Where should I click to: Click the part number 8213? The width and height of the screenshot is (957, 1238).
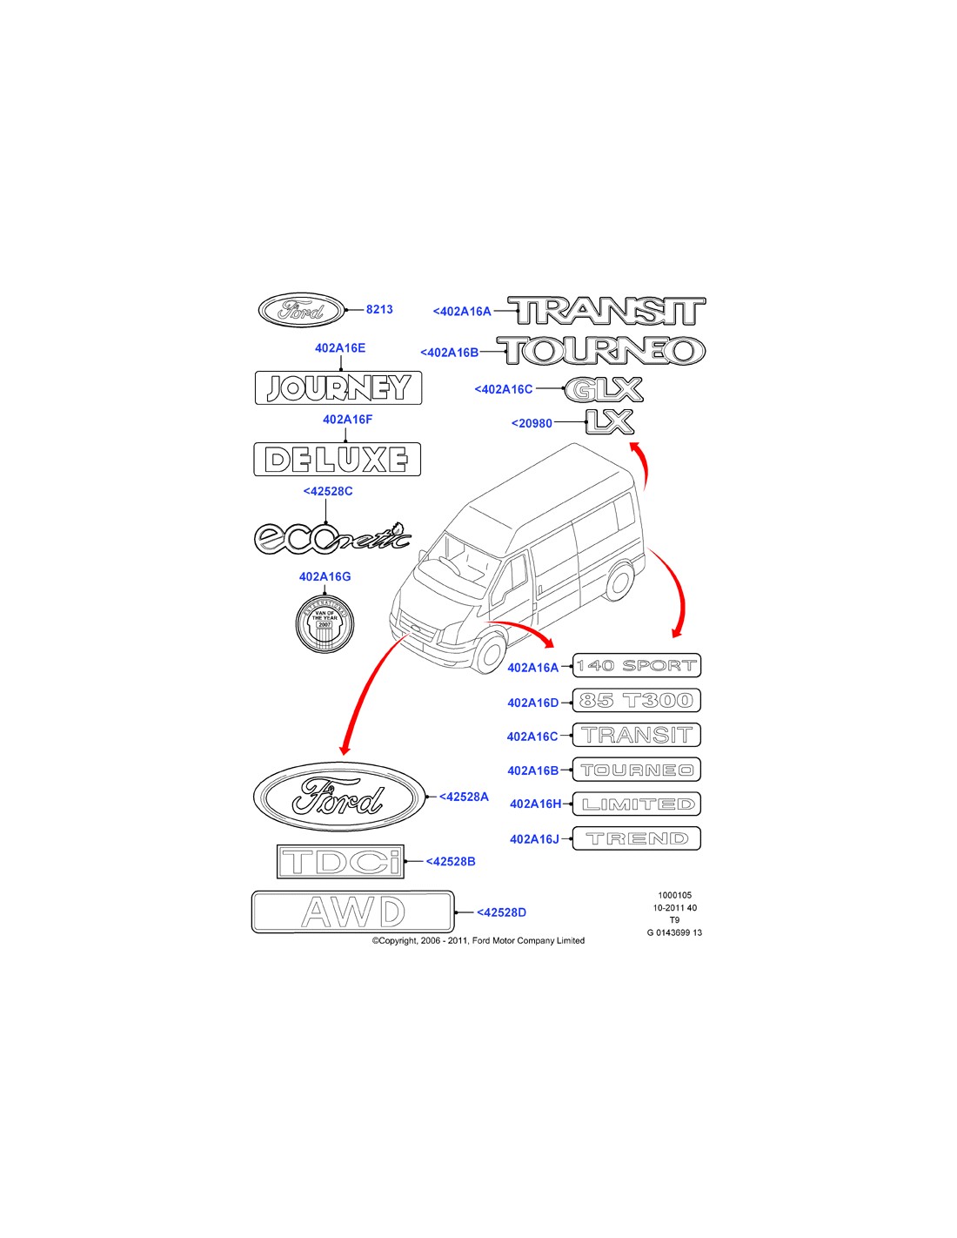[x=379, y=309]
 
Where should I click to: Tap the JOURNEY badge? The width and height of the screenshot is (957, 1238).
[x=338, y=387]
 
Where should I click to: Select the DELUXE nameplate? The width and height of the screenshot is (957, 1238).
[x=337, y=459]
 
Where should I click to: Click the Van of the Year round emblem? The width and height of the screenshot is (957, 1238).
[x=325, y=621]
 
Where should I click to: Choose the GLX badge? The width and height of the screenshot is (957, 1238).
[x=604, y=390]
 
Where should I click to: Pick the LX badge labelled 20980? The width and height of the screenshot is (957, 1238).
[x=609, y=422]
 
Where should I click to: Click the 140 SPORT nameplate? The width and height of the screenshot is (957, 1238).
[x=637, y=666]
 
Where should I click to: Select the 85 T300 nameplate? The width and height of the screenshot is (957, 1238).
[x=637, y=701]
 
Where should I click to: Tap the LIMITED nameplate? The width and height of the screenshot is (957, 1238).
[x=637, y=804]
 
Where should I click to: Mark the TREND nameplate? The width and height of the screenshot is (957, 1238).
[x=637, y=838]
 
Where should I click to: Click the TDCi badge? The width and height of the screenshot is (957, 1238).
[x=341, y=861]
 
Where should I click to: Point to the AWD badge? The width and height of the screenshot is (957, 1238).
[x=352, y=912]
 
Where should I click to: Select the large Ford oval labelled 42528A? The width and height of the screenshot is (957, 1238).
[x=339, y=797]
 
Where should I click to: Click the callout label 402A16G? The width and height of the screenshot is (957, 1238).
[x=325, y=576]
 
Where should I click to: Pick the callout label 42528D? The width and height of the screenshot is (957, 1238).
[x=502, y=912]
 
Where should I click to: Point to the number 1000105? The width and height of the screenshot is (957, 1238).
[x=674, y=895]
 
